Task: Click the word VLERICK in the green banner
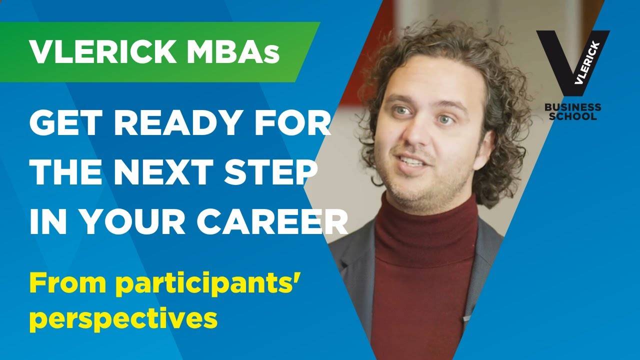(103, 52)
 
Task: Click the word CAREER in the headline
(271, 222)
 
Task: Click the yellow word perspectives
(123, 319)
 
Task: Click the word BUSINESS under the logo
(572, 107)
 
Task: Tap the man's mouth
(413, 162)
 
